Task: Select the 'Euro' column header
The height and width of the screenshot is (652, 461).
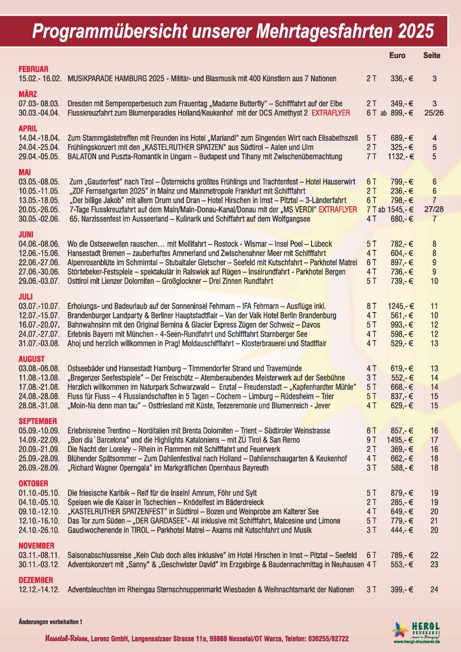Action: click(397, 55)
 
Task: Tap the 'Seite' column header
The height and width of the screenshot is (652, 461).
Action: click(432, 55)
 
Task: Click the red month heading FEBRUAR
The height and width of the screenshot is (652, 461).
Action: click(33, 69)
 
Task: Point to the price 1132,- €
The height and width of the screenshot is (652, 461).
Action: click(401, 156)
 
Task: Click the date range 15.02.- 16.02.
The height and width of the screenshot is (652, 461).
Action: click(40, 79)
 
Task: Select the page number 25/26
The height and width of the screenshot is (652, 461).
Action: click(434, 113)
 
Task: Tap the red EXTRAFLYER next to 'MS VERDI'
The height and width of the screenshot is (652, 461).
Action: click(338, 209)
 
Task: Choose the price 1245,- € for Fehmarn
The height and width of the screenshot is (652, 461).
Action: click(401, 306)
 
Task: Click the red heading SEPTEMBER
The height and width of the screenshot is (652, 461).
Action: click(38, 421)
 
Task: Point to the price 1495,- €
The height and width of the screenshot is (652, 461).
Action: click(400, 440)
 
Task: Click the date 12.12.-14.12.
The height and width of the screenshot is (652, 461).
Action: click(39, 589)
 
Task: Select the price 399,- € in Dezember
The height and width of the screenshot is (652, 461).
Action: click(402, 589)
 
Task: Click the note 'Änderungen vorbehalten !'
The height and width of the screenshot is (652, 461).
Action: click(50, 621)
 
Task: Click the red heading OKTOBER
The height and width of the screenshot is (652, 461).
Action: click(33, 483)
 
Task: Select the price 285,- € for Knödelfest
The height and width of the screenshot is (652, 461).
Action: click(402, 502)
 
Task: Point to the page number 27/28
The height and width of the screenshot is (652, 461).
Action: click(434, 209)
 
